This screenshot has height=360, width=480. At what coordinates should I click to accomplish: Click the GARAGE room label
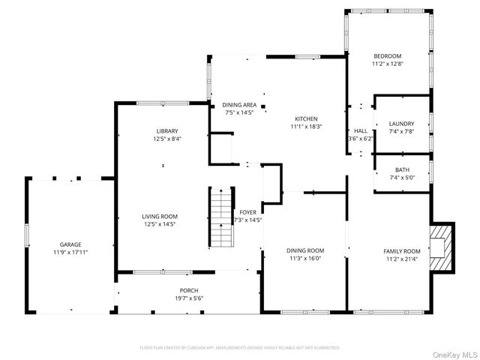click(x=70, y=244)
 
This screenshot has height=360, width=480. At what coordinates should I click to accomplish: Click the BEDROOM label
click(x=388, y=56)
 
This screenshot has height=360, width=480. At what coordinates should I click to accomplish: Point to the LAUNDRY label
click(x=401, y=124)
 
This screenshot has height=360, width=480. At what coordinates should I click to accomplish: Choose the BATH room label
click(x=402, y=169)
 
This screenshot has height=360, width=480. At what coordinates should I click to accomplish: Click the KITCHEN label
click(x=306, y=118)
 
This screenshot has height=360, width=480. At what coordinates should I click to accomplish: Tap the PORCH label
click(x=188, y=290)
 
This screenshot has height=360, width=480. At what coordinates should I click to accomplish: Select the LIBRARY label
click(x=167, y=130)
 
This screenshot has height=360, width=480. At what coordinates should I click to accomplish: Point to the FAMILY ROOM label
click(x=402, y=250)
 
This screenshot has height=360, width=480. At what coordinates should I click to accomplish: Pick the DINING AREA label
click(x=239, y=105)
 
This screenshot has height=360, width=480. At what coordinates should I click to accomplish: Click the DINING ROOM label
click(x=305, y=250)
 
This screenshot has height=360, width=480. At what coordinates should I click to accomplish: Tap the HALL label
click(x=361, y=130)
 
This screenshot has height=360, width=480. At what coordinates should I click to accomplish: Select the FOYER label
click(x=247, y=212)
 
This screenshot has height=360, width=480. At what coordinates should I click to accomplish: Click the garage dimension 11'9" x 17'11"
click(x=70, y=253)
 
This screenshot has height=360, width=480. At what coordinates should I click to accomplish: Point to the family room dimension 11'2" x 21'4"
click(x=402, y=259)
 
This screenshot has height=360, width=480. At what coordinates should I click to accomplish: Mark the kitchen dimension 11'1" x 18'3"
click(x=306, y=127)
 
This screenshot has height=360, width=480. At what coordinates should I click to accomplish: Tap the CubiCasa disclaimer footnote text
click(x=240, y=348)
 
